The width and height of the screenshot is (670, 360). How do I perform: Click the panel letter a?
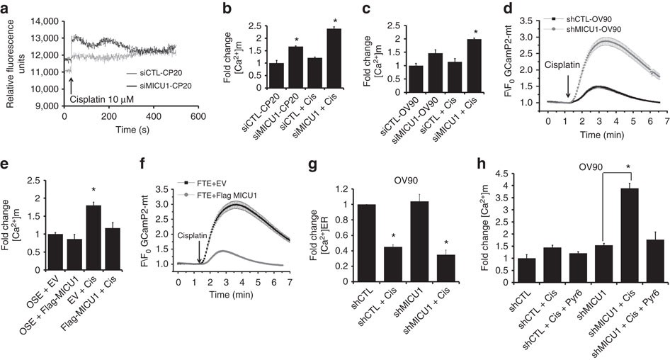coord(6,8)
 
